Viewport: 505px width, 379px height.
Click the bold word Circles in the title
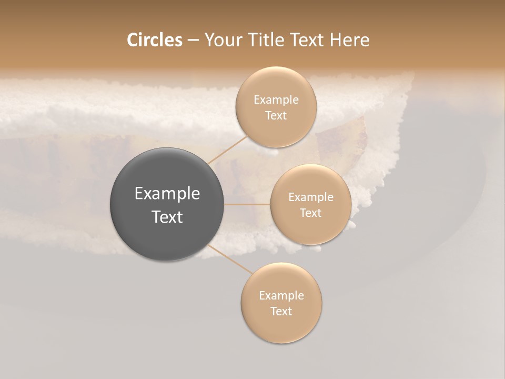(154, 40)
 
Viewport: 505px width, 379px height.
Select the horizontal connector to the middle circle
(247, 204)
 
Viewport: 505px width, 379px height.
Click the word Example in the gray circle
(167, 194)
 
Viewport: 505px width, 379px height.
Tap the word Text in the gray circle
(167, 216)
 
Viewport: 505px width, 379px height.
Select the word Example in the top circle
(276, 100)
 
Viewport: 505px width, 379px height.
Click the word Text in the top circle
(276, 115)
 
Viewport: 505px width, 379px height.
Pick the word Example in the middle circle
(311, 197)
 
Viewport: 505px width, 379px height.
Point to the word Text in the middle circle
(310, 213)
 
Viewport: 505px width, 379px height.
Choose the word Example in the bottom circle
(281, 296)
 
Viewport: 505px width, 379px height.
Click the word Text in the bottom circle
(281, 311)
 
